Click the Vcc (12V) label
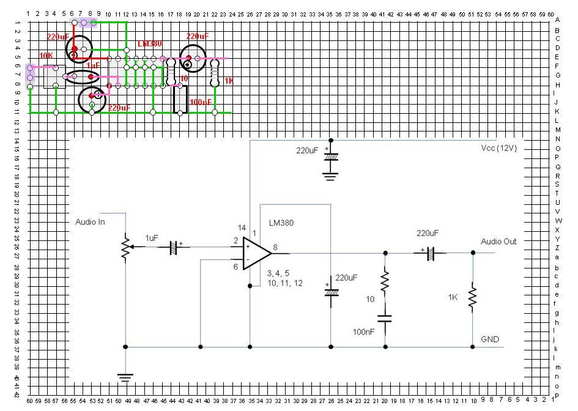point(499,148)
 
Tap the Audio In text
point(90,221)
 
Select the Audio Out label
point(498,241)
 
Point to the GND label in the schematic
point(491,338)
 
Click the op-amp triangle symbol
point(258,253)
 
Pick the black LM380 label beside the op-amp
point(281,223)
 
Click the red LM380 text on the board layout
point(150,44)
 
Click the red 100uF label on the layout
point(201,102)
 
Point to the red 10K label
point(46,56)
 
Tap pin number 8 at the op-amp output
point(276,247)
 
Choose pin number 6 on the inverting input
point(235,266)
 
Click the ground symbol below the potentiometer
point(125,377)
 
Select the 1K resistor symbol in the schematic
point(472,298)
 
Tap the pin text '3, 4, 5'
point(278,273)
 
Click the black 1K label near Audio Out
point(453,297)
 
